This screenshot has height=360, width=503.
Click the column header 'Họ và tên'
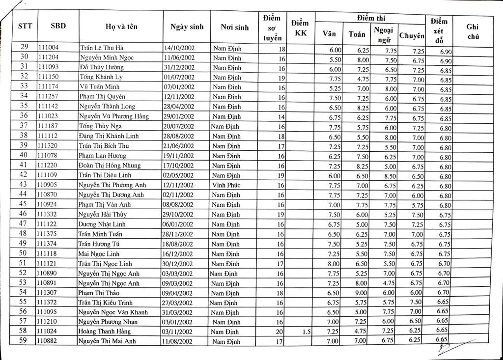coord(121,28)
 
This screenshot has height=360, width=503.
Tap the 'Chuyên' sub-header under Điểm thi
coord(412,36)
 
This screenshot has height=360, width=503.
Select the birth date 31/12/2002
coord(179,67)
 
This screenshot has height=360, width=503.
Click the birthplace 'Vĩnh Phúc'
coord(226,185)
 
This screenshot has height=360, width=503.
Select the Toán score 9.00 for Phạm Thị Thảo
coord(361,293)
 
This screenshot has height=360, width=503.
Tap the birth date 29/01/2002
coord(179,116)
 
